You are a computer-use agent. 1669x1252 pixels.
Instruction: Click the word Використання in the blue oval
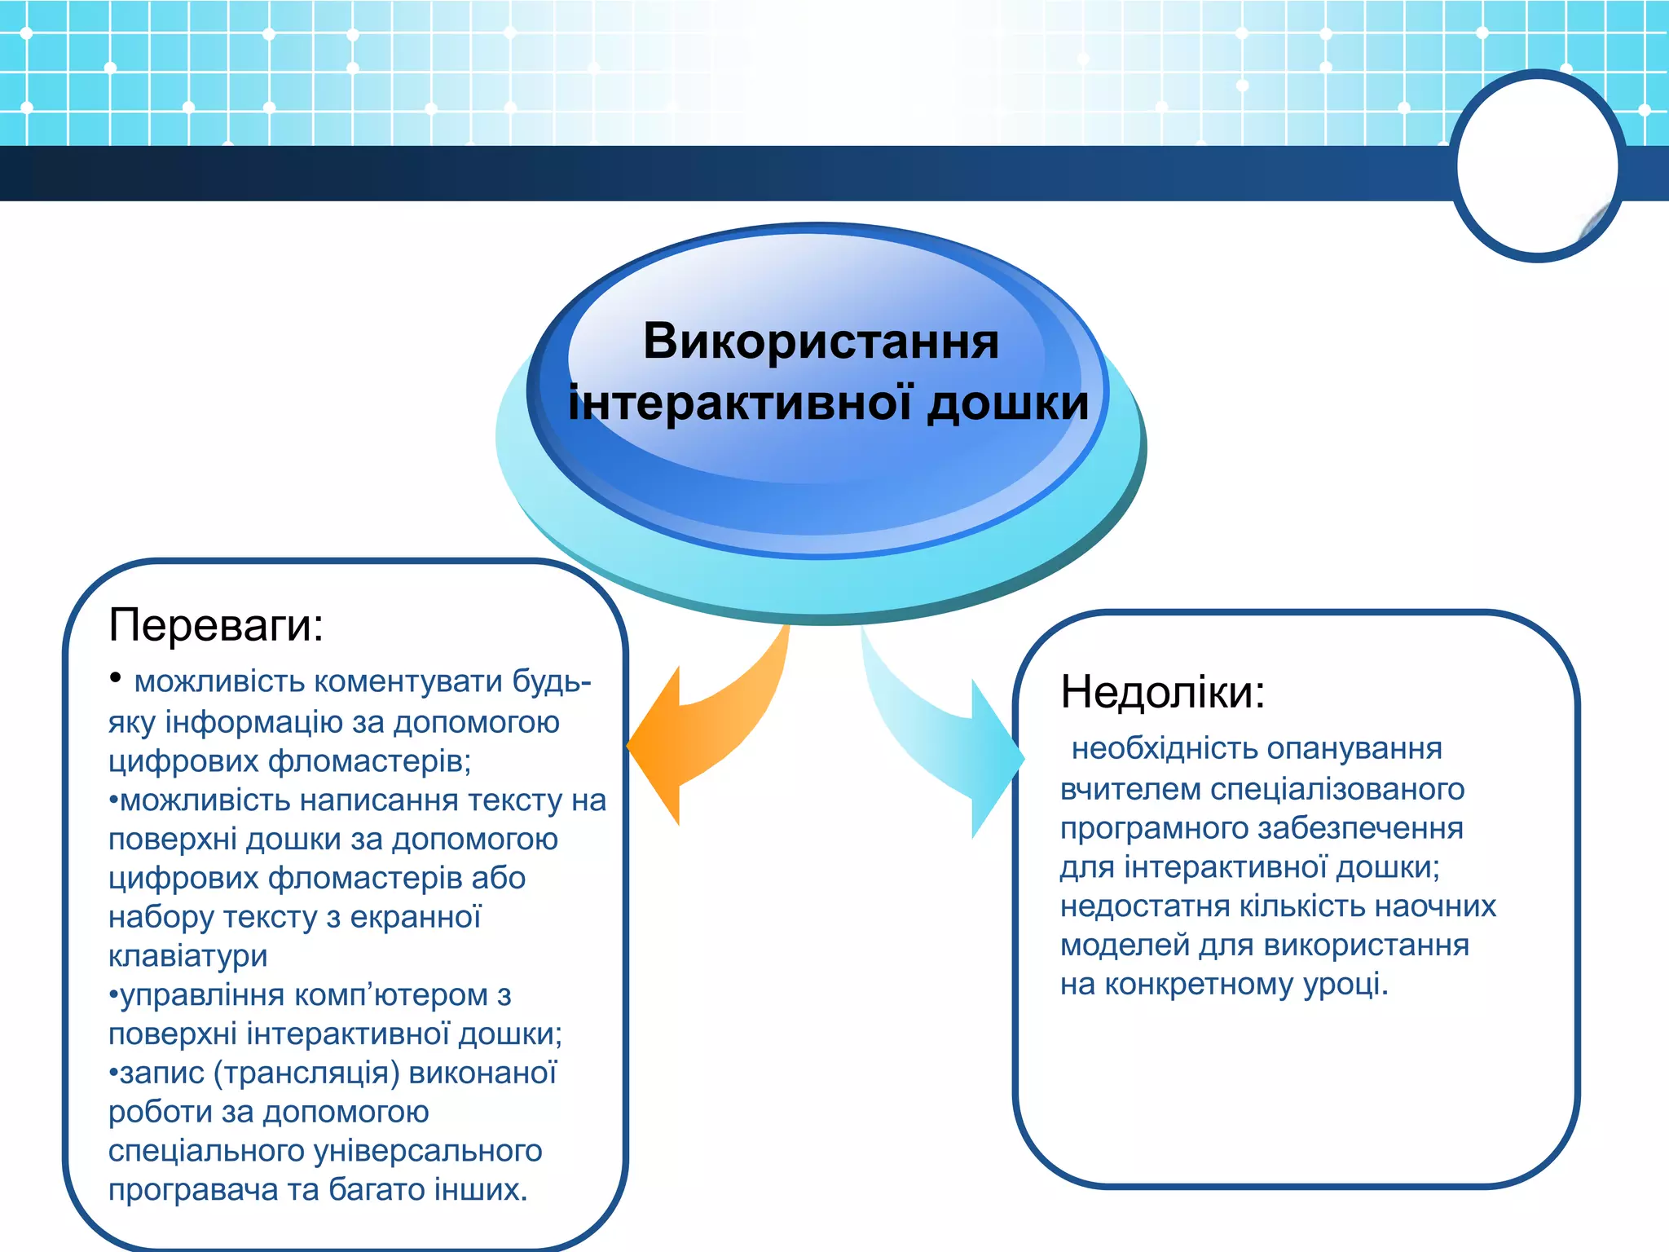click(821, 341)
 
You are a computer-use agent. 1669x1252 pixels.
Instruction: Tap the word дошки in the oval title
click(1008, 403)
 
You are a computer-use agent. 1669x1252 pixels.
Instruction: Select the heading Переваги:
click(216, 625)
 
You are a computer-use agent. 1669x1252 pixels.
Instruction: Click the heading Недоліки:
click(1162, 692)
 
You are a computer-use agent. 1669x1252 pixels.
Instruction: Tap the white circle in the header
click(1537, 166)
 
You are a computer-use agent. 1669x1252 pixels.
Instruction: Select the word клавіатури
click(188, 955)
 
